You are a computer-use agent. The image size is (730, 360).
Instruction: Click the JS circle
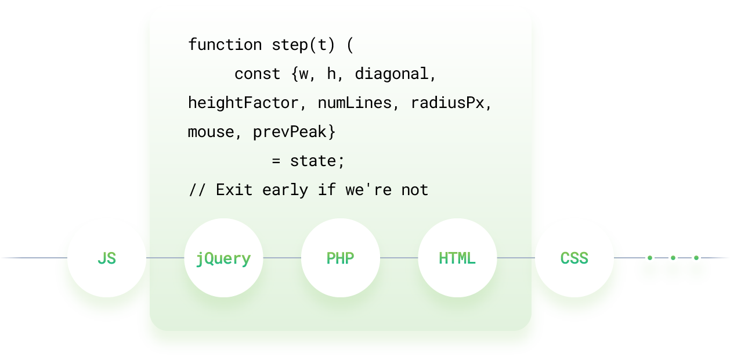(x=107, y=258)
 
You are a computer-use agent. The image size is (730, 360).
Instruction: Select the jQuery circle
(x=223, y=258)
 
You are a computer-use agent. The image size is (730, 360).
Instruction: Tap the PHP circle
(x=341, y=258)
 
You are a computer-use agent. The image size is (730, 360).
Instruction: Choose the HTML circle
(x=457, y=258)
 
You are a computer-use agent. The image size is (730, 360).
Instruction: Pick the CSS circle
(x=574, y=258)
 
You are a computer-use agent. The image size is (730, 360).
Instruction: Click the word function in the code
(x=225, y=44)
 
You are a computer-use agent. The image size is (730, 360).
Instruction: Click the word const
(x=257, y=74)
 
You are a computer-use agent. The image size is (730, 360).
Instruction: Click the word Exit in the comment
(x=234, y=190)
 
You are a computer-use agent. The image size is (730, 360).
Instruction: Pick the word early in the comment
(x=285, y=190)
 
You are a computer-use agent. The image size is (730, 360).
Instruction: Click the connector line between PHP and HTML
(x=399, y=258)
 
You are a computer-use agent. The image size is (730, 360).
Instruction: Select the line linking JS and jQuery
(x=165, y=258)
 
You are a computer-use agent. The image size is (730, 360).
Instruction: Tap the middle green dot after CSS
(x=673, y=258)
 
